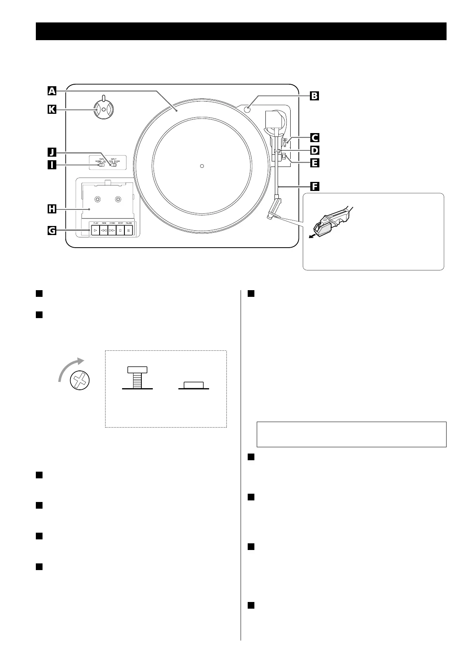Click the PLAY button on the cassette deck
click(x=95, y=230)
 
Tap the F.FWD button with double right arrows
click(x=112, y=230)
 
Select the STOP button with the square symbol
click(x=120, y=230)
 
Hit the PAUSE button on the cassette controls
click(x=129, y=230)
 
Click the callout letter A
click(x=52, y=91)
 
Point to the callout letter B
click(x=314, y=96)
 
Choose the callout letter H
click(x=52, y=209)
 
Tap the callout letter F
click(x=314, y=186)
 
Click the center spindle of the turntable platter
click(x=202, y=166)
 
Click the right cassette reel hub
click(x=117, y=200)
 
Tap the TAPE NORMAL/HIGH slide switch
click(x=101, y=166)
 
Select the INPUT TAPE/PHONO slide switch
click(x=113, y=166)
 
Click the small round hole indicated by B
click(x=247, y=110)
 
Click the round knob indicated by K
click(x=103, y=109)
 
